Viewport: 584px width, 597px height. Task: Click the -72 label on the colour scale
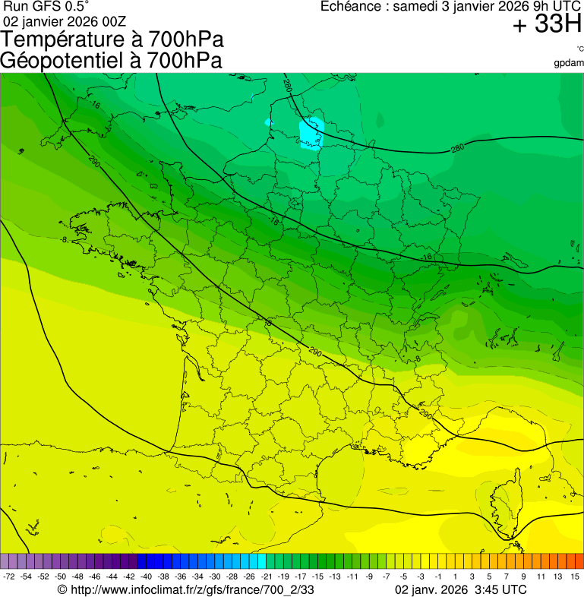tap(9, 577)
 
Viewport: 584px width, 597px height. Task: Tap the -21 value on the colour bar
tap(267, 577)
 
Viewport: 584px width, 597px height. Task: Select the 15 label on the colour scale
tap(575, 577)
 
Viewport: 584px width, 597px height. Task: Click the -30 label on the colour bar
tap(215, 577)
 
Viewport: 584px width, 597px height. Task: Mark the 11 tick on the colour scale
tap(541, 577)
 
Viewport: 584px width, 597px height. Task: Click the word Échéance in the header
tap(353, 7)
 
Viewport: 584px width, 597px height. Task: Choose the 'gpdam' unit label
tap(569, 62)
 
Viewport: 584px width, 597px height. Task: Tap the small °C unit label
tap(579, 49)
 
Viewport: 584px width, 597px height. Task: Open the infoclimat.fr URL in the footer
tap(186, 589)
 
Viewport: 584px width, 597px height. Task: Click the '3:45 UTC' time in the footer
tap(498, 589)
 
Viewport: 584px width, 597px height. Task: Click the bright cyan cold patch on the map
tap(311, 133)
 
